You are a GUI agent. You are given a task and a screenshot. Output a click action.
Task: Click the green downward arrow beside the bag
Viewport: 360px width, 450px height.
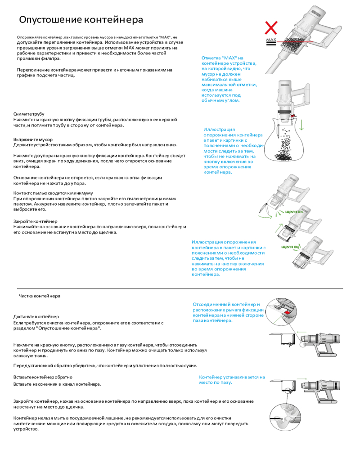click(x=301, y=124)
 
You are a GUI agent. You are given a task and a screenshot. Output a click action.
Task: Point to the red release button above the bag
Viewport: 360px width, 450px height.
click(x=293, y=116)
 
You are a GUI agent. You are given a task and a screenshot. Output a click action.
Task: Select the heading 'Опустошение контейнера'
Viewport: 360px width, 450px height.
click(x=81, y=20)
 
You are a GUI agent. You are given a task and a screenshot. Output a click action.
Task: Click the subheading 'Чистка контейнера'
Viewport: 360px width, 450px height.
click(x=40, y=296)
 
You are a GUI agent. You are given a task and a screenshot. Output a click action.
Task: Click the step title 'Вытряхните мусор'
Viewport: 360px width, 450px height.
click(x=33, y=139)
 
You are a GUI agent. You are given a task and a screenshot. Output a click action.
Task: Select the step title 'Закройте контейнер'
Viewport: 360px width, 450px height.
click(x=35, y=221)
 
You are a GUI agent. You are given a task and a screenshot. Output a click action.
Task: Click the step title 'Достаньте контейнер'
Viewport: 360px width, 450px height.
click(x=36, y=317)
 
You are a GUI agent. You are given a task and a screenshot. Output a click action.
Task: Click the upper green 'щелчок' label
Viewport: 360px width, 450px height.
click(x=293, y=211)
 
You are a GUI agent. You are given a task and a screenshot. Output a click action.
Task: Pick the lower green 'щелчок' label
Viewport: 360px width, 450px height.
click(x=290, y=247)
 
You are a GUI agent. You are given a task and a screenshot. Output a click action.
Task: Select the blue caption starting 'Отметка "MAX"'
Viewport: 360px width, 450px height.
click(x=229, y=79)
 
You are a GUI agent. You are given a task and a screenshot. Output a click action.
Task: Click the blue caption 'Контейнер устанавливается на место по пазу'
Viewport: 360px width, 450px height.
click(x=232, y=380)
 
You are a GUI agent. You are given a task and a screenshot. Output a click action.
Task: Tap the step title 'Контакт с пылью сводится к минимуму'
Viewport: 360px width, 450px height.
click(x=47, y=193)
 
